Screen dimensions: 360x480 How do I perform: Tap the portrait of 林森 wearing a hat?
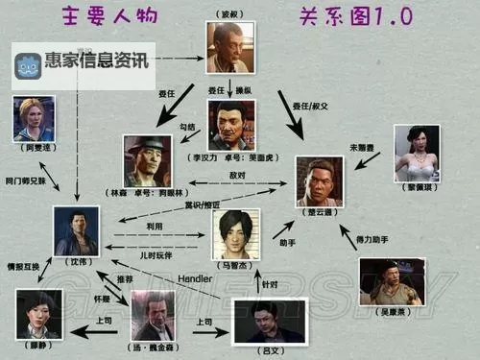pos(148,159)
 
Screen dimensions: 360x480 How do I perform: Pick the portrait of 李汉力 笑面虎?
pos(231,124)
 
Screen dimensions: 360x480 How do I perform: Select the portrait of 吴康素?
pos(390,280)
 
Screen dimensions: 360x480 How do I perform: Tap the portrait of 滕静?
pos(38,314)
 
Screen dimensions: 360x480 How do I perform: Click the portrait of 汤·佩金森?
pos(153,315)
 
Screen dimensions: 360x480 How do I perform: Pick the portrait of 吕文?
pos(268,324)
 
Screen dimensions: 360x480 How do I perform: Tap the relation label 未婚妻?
pos(363,148)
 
